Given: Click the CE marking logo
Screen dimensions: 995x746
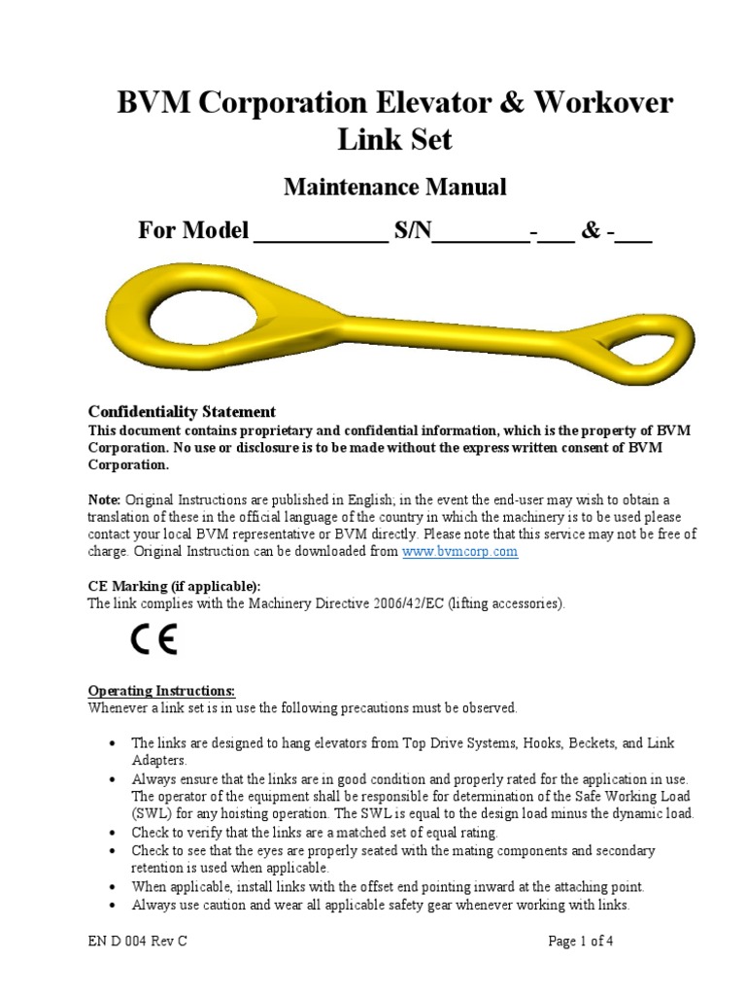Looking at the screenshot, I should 153,641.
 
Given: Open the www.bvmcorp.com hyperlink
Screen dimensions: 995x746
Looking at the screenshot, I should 459,551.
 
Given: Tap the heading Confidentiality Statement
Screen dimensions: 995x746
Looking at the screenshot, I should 183,411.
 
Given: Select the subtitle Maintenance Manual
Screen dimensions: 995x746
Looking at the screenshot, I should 394,187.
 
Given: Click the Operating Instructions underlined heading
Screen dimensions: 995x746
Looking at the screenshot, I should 161,691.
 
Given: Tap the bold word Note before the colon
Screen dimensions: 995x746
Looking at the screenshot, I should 104,498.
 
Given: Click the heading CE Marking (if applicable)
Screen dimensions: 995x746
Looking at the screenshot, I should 174,586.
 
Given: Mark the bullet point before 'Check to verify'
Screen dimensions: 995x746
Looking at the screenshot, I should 112,833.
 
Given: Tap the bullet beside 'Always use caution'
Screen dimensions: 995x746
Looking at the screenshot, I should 112,906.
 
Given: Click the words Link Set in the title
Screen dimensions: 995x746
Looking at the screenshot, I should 394,139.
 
